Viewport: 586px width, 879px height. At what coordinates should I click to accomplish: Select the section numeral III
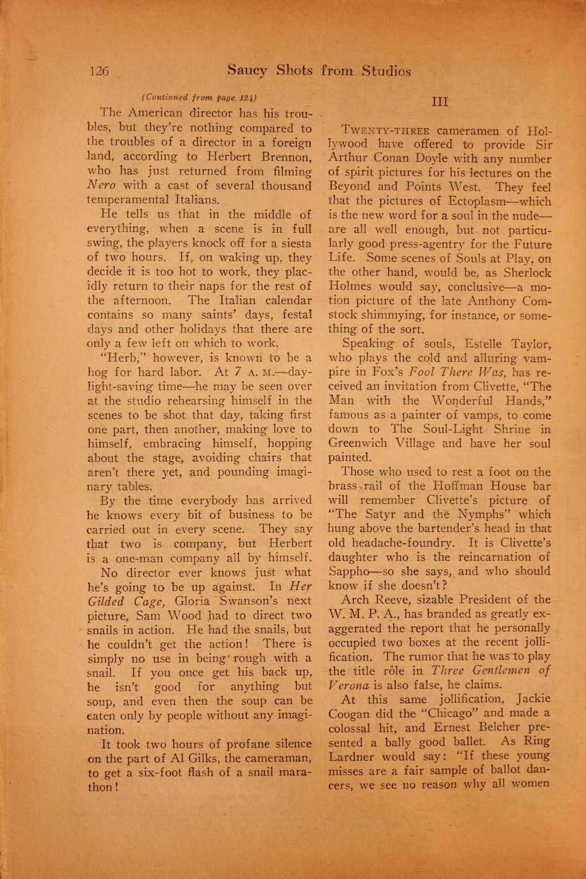click(x=440, y=101)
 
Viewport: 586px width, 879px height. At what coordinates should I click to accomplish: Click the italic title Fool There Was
click(x=454, y=373)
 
